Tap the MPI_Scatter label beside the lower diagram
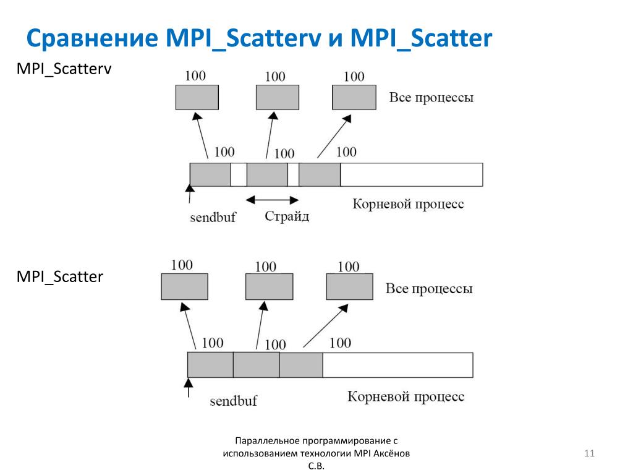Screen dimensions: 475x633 59,276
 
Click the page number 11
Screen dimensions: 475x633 588,455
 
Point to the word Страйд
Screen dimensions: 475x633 287,216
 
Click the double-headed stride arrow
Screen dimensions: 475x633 272,199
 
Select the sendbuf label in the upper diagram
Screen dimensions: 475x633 213,217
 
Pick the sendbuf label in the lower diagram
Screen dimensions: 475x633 233,401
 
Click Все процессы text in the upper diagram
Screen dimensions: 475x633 431,98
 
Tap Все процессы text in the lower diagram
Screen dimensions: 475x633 429,289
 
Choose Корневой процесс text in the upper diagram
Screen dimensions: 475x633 408,203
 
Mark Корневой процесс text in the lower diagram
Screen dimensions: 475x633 406,396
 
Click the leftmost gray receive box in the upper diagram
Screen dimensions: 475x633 197,97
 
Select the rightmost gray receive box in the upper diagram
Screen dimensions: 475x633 354,97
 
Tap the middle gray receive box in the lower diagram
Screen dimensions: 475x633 268,286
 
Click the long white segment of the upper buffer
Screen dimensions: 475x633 411,174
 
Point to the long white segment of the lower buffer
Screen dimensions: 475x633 397,365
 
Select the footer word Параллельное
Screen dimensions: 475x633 267,441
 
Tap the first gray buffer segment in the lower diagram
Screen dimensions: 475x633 210,365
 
